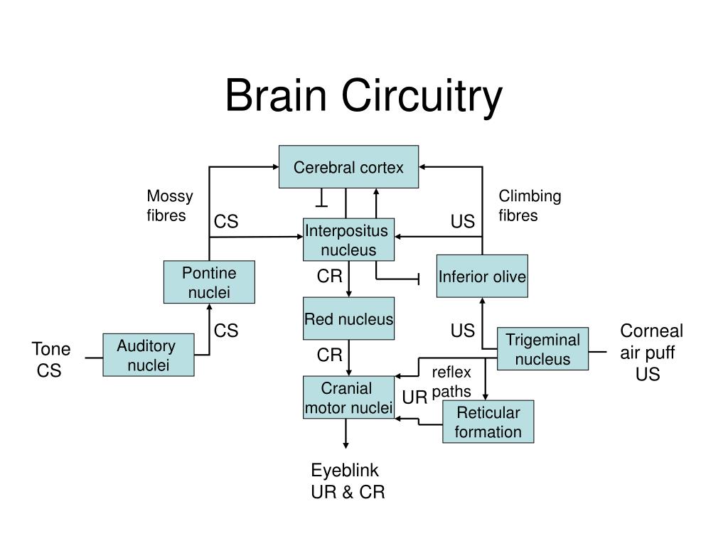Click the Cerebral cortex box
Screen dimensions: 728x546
(x=348, y=166)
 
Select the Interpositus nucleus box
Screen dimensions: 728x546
(x=348, y=240)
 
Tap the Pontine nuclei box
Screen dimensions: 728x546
(x=209, y=282)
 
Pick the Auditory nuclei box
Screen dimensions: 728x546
(x=148, y=355)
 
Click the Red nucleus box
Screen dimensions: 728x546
(x=348, y=318)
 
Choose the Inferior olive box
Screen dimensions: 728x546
(x=482, y=276)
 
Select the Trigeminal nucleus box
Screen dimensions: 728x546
(x=542, y=348)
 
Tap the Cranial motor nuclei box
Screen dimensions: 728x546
(x=348, y=397)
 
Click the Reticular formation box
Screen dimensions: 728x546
(x=488, y=422)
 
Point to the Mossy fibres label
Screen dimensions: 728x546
(x=169, y=205)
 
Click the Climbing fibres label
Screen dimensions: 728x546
(x=530, y=205)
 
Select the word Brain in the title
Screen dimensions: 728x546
(x=276, y=95)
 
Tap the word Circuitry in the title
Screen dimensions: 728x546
(x=422, y=97)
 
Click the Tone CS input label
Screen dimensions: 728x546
(x=51, y=359)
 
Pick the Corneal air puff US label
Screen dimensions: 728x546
(x=651, y=352)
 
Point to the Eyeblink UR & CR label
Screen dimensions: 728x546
(x=348, y=481)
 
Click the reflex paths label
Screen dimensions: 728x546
(x=451, y=382)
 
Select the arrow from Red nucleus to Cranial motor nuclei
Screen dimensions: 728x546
(x=348, y=358)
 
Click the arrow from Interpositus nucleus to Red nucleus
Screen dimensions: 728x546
(x=348, y=279)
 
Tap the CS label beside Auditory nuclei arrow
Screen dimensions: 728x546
(x=225, y=331)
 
